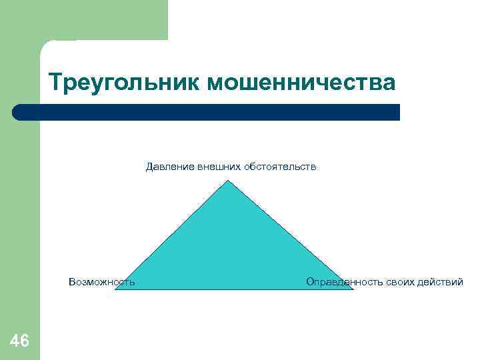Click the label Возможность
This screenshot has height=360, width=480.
pyautogui.click(x=101, y=282)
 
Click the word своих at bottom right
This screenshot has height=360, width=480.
pyautogui.click(x=401, y=282)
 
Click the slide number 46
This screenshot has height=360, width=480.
pyautogui.click(x=19, y=341)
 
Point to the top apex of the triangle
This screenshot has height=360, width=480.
pyautogui.click(x=229, y=181)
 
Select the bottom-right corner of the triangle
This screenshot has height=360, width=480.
pyautogui.click(x=351, y=289)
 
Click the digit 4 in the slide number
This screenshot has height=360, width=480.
pyautogui.click(x=14, y=341)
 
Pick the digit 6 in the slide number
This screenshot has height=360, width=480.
pyautogui.click(x=25, y=341)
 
